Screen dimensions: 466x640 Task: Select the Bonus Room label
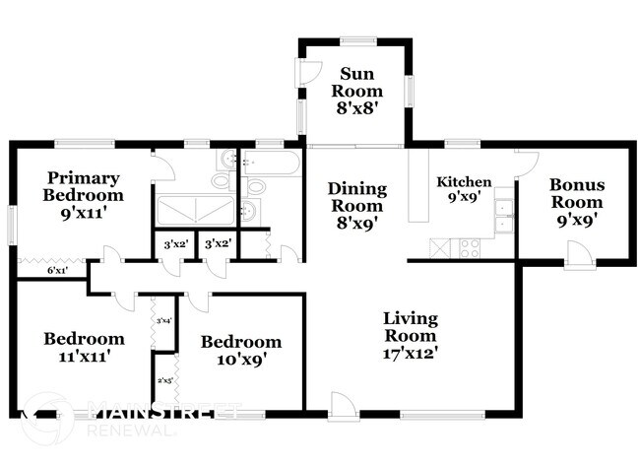(576, 200)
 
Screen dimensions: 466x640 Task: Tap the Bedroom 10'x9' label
(240, 350)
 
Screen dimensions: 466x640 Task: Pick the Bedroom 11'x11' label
(84, 347)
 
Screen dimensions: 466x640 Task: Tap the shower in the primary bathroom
(194, 208)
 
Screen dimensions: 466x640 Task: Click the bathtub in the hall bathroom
(269, 163)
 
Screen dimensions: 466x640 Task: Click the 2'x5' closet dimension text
(164, 380)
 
